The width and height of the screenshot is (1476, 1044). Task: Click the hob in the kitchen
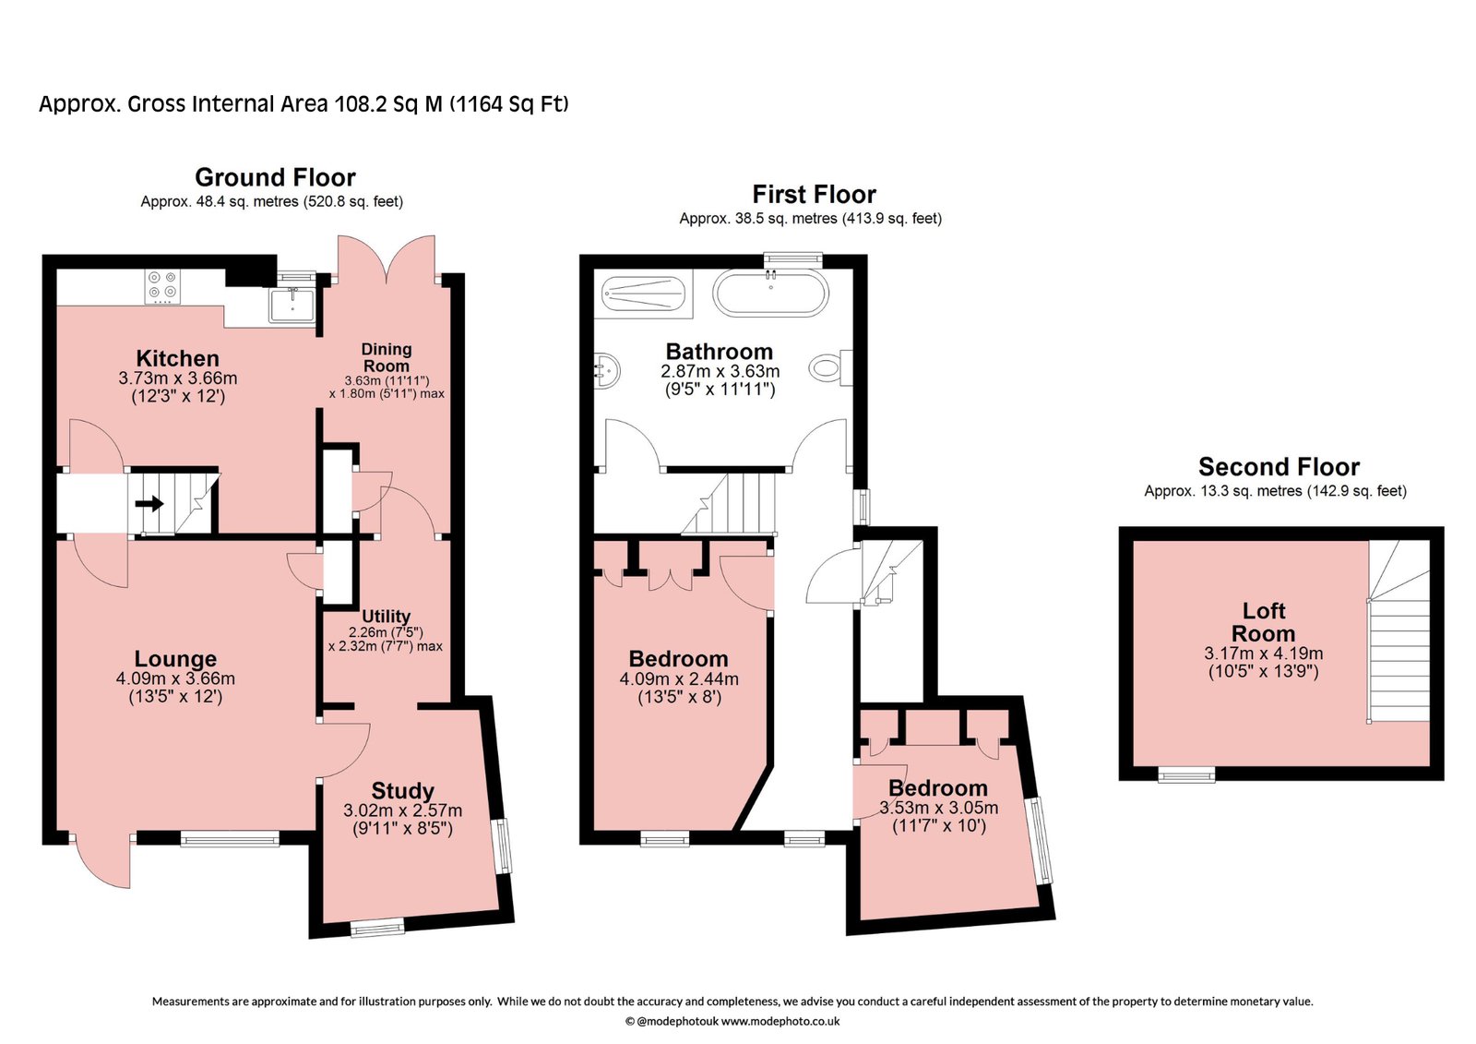pyautogui.click(x=162, y=288)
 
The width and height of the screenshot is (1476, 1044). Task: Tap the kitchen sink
pyautogui.click(x=292, y=305)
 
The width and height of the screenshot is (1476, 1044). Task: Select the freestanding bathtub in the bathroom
pyautogui.click(x=770, y=293)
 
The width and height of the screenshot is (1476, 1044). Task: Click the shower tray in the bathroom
pyautogui.click(x=644, y=294)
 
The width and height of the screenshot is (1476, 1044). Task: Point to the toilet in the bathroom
pyautogui.click(x=831, y=367)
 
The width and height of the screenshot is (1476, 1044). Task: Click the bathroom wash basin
pyautogui.click(x=607, y=371)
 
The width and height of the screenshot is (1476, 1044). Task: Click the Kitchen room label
pyautogui.click(x=177, y=358)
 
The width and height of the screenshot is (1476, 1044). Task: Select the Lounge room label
pyautogui.click(x=175, y=658)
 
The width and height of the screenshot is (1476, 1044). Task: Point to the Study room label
pyautogui.click(x=402, y=790)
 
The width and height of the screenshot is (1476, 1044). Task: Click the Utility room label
pyautogui.click(x=387, y=616)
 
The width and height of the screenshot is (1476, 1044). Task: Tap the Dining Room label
pyautogui.click(x=387, y=357)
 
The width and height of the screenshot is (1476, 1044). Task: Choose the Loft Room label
pyautogui.click(x=1263, y=622)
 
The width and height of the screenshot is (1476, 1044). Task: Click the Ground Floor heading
pyautogui.click(x=276, y=177)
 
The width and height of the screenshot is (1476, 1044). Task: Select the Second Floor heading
pyautogui.click(x=1279, y=467)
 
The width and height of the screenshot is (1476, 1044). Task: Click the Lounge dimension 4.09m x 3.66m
pyautogui.click(x=175, y=678)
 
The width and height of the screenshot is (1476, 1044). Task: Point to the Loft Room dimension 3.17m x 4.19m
pyautogui.click(x=1263, y=654)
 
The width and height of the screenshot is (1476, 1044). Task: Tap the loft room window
pyautogui.click(x=1186, y=774)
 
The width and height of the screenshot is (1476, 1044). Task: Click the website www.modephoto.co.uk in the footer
pyautogui.click(x=780, y=1022)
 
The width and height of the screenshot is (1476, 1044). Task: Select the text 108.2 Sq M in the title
pyautogui.click(x=388, y=104)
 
